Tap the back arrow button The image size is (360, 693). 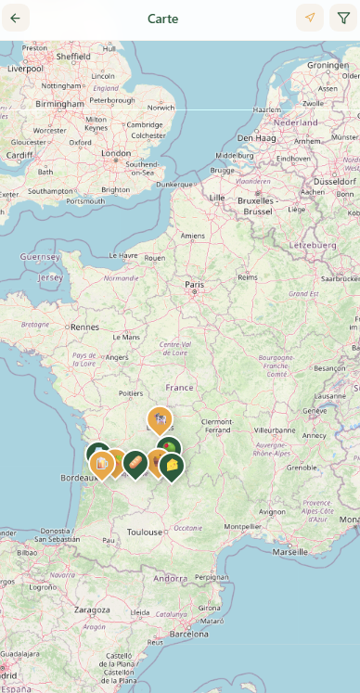[15, 19]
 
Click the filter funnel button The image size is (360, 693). [343, 19]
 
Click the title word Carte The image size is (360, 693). [163, 19]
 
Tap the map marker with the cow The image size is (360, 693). [160, 419]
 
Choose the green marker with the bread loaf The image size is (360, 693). [135, 461]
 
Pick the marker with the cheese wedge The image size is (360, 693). [172, 464]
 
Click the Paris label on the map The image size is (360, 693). [194, 285]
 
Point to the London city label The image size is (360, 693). [116, 153]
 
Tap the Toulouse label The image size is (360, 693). [145, 533]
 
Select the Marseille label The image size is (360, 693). [290, 551]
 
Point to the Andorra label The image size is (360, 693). [171, 578]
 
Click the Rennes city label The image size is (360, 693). [84, 327]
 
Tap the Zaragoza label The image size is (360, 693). [92, 610]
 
